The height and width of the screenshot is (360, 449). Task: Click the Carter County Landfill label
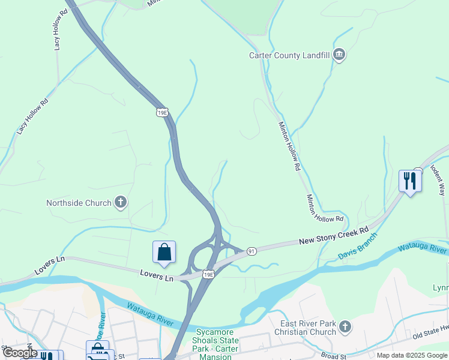coord(291,56)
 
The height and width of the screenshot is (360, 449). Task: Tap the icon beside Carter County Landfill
coord(339,56)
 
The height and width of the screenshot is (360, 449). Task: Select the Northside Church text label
coord(79,203)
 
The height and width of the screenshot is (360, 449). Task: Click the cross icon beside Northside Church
coord(121,203)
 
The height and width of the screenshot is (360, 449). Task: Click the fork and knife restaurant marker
coord(410,180)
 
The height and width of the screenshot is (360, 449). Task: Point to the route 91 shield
coord(252,251)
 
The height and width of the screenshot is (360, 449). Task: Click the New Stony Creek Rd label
coord(333,236)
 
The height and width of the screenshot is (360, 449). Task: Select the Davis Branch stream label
coord(358,248)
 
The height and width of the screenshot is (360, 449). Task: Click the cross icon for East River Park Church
coord(345,327)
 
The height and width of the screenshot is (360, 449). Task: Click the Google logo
coord(20,353)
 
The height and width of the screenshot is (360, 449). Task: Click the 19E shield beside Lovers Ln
coord(208,275)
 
